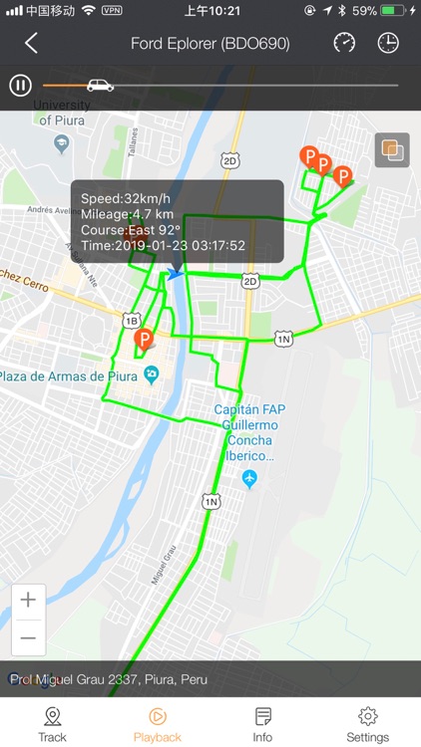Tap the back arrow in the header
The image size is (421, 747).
pyautogui.click(x=31, y=43)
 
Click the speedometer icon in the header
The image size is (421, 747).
pyautogui.click(x=344, y=43)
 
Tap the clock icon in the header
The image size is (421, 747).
pyautogui.click(x=388, y=43)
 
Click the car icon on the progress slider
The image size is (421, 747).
pyautogui.click(x=100, y=85)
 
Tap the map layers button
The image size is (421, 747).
pyautogui.click(x=391, y=150)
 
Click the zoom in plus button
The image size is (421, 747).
pyautogui.click(x=28, y=600)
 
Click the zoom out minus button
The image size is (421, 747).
pyautogui.click(x=28, y=637)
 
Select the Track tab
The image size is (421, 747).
pyautogui.click(x=52, y=724)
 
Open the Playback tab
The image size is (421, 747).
pyautogui.click(x=158, y=724)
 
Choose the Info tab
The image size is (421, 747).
pyautogui.click(x=262, y=724)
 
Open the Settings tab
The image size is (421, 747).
pyautogui.click(x=367, y=724)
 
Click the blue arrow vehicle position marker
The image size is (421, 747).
pyautogui.click(x=176, y=274)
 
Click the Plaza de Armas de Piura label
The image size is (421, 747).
pyautogui.click(x=74, y=375)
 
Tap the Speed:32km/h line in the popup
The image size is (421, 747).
pyautogui.click(x=125, y=197)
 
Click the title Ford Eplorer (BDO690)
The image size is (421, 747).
pyautogui.click(x=210, y=44)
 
